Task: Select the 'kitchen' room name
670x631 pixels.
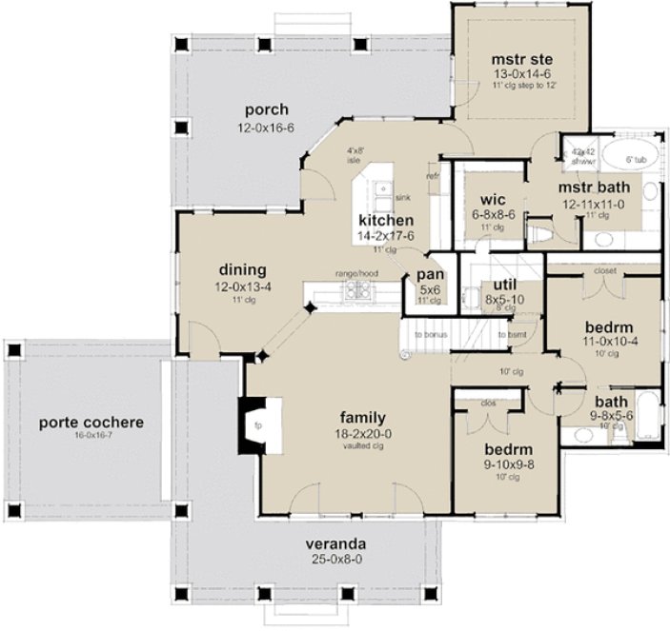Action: (x=378, y=220)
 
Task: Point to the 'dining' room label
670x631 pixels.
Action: (x=241, y=269)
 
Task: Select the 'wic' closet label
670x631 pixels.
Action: (x=479, y=200)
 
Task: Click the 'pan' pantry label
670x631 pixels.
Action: (x=426, y=275)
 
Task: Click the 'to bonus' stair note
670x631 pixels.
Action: (x=430, y=336)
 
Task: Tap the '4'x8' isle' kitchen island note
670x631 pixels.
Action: (x=357, y=155)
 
